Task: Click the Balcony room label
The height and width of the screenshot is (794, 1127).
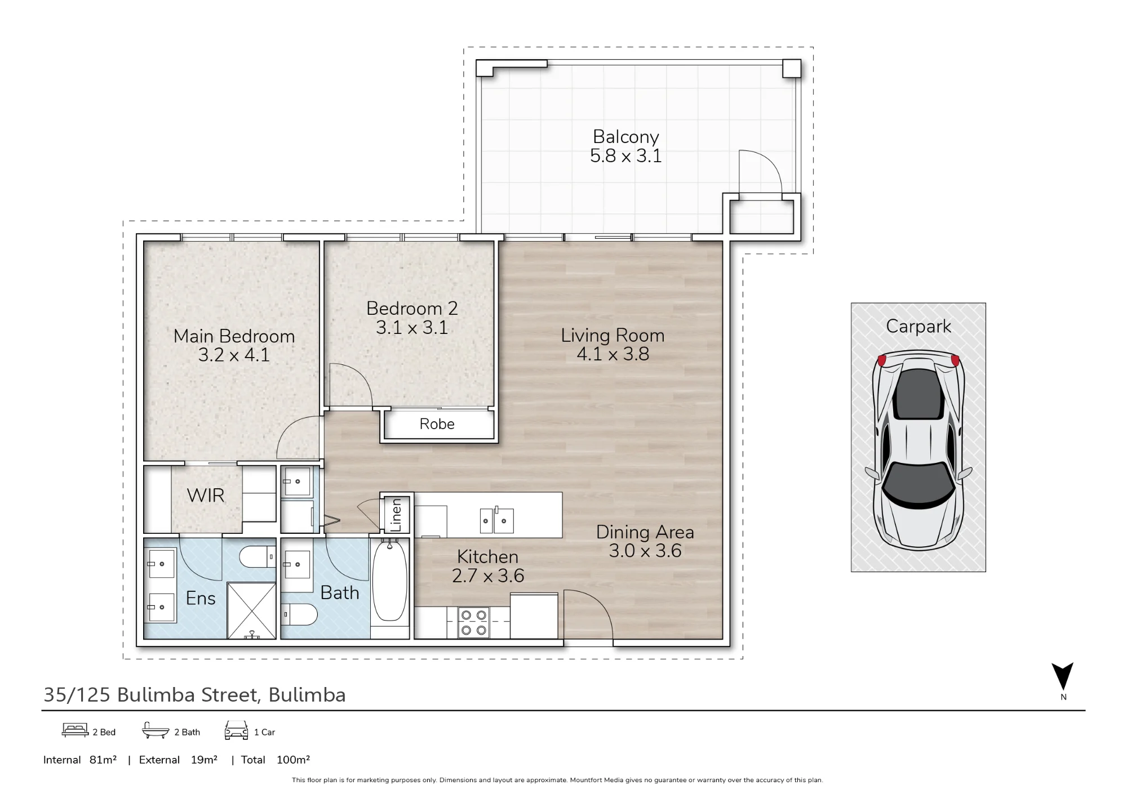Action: [625, 137]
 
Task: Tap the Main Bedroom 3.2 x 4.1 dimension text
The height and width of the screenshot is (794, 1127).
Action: [234, 355]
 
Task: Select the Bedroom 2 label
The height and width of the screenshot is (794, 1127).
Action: [412, 308]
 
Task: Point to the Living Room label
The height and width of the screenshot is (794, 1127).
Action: [613, 336]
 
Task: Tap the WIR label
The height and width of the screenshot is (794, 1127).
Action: [206, 496]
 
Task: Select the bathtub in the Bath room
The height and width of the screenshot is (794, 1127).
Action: [389, 580]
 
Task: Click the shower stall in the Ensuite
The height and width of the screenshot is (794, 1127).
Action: [251, 610]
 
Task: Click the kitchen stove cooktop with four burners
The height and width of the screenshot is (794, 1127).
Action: [474, 622]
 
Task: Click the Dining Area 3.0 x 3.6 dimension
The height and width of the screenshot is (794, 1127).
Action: [645, 551]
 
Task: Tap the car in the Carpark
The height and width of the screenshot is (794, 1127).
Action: [919, 450]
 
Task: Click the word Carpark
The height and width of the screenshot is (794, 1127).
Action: [919, 327]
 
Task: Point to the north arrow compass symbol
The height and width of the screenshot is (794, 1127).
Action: [1063, 677]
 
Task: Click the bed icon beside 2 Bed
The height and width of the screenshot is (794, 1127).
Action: [75, 730]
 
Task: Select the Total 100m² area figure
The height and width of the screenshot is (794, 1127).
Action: [276, 760]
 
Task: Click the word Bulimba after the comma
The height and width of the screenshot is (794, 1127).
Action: [307, 695]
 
